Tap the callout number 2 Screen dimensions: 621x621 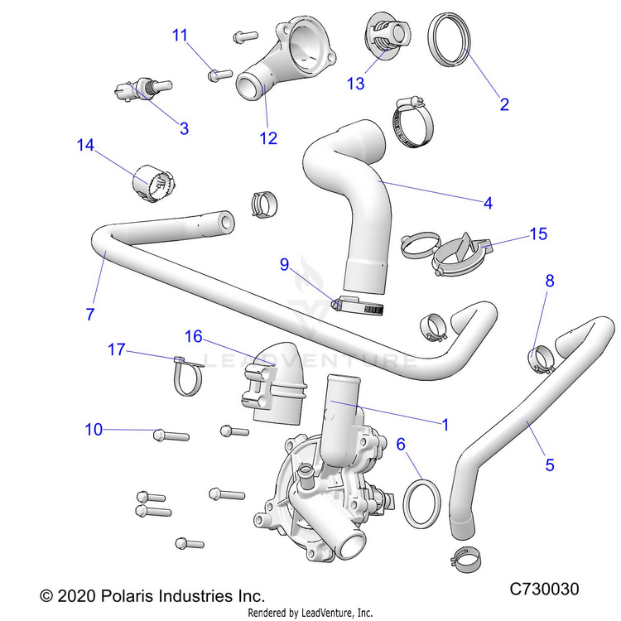click(503, 104)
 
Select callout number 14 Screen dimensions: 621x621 click(86, 145)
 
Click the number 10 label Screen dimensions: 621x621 click(94, 429)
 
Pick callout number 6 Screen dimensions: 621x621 click(401, 445)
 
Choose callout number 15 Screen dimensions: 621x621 click(538, 234)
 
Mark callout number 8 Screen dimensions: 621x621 click(549, 281)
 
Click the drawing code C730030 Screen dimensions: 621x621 click(543, 589)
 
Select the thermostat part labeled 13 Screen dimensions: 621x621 click(385, 37)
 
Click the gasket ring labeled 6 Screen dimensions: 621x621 click(421, 501)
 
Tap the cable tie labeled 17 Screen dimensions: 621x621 click(187, 376)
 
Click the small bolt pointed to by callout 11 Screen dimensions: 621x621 click(219, 74)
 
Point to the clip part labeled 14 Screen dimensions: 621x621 click(154, 184)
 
